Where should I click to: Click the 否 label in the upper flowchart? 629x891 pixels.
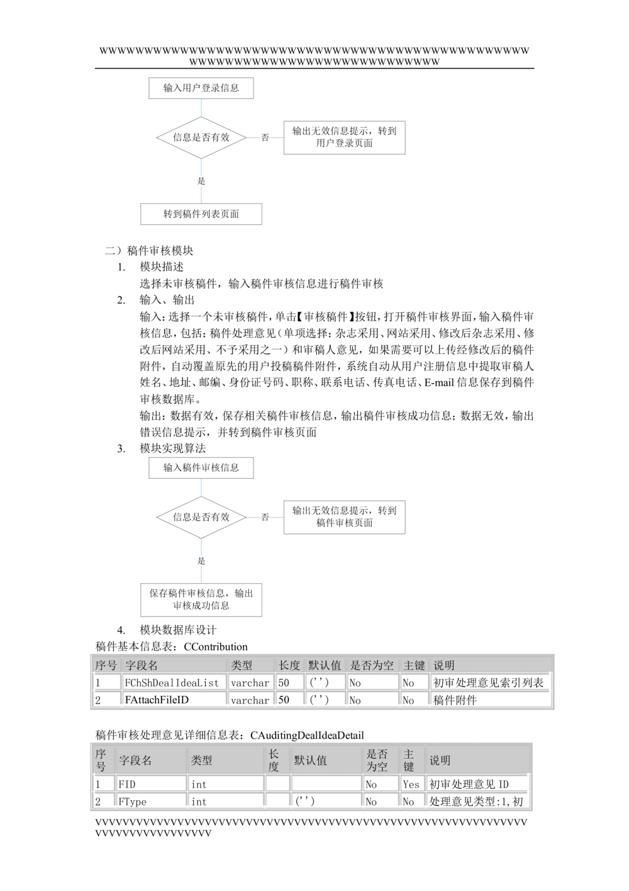pyautogui.click(x=265, y=137)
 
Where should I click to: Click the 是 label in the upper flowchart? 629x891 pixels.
pyautogui.click(x=201, y=181)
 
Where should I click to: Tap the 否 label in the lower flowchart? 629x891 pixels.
pyautogui.click(x=265, y=517)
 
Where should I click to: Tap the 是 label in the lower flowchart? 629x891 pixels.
pyautogui.click(x=201, y=560)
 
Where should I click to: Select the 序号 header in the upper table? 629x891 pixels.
pyautogui.click(x=106, y=665)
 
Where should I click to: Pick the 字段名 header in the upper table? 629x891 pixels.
pyautogui.click(x=142, y=665)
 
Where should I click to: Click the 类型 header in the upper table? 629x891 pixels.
pyautogui.click(x=242, y=665)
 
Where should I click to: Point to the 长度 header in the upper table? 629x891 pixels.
pyautogui.click(x=289, y=665)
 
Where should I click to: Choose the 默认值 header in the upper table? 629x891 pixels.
pyautogui.click(x=325, y=665)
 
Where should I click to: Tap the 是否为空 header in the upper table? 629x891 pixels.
pyautogui.click(x=372, y=665)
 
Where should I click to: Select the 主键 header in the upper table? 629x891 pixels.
pyautogui.click(x=414, y=665)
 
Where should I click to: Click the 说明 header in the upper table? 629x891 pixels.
pyautogui.click(x=444, y=665)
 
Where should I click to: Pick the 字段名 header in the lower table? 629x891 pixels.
pyautogui.click(x=135, y=760)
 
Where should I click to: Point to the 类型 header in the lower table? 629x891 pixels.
pyautogui.click(x=201, y=760)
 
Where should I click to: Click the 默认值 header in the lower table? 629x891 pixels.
pyautogui.click(x=310, y=760)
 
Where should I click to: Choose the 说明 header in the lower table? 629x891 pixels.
pyautogui.click(x=440, y=760)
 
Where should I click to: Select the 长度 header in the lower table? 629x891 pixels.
pyautogui.click(x=274, y=760)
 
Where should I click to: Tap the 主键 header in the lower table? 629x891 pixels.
pyautogui.click(x=409, y=760)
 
